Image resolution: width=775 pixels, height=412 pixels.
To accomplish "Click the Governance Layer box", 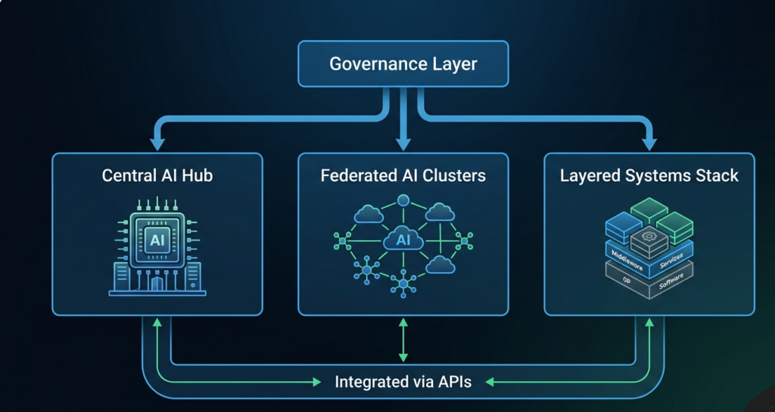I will [403, 64].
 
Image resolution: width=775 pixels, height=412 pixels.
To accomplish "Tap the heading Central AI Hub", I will [157, 176].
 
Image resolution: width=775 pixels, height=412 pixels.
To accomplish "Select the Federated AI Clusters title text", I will [403, 176].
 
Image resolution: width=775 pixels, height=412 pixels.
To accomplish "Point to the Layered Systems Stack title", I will [649, 176].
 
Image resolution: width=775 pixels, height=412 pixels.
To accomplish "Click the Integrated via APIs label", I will [403, 382].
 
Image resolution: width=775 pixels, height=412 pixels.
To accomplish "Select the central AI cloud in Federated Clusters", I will [403, 240].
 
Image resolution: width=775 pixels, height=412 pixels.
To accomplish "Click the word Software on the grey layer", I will [671, 280].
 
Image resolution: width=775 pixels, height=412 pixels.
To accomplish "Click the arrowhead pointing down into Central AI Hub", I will [157, 142].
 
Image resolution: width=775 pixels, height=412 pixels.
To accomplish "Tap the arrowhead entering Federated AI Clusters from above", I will [403, 142].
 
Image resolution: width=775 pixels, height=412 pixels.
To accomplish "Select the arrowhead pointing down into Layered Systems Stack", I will [649, 142].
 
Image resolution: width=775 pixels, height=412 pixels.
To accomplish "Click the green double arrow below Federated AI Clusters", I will [403, 340].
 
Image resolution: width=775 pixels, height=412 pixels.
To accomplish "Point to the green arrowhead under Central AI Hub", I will [157, 324].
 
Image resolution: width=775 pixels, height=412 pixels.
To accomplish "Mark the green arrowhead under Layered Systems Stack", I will [649, 324].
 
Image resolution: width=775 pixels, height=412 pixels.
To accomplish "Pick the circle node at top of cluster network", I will [403, 200].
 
